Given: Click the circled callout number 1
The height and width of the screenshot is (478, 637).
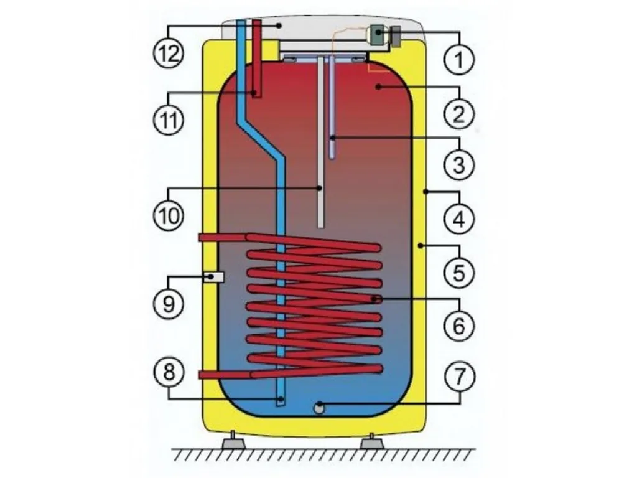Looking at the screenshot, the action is (x=458, y=59).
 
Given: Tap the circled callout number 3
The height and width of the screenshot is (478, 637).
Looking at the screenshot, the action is (x=458, y=165).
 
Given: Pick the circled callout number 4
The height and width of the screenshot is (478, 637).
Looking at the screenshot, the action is (x=458, y=218).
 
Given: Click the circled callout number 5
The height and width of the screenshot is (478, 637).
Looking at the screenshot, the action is (x=458, y=271).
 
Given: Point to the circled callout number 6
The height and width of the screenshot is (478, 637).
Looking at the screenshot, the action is (x=458, y=325).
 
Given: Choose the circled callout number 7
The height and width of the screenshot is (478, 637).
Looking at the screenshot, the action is (x=458, y=377).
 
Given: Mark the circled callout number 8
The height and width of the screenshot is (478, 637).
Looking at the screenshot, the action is (x=169, y=372).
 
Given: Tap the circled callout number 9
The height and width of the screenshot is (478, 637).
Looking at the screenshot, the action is (x=169, y=303).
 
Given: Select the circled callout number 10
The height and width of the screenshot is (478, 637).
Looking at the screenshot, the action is (x=169, y=215).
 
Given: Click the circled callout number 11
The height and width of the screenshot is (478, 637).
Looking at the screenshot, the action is (x=169, y=119).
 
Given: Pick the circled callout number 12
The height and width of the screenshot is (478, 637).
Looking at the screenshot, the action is (x=169, y=53).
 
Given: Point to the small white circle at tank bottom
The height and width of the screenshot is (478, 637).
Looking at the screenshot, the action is (x=319, y=408).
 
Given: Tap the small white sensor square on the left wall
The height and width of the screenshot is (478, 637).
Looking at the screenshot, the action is (x=214, y=277).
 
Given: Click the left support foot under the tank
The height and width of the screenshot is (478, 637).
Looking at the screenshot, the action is (x=234, y=441).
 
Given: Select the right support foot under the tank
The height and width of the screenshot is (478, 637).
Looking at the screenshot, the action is (x=372, y=441).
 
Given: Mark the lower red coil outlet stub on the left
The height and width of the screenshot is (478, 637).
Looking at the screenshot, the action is (x=225, y=374).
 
